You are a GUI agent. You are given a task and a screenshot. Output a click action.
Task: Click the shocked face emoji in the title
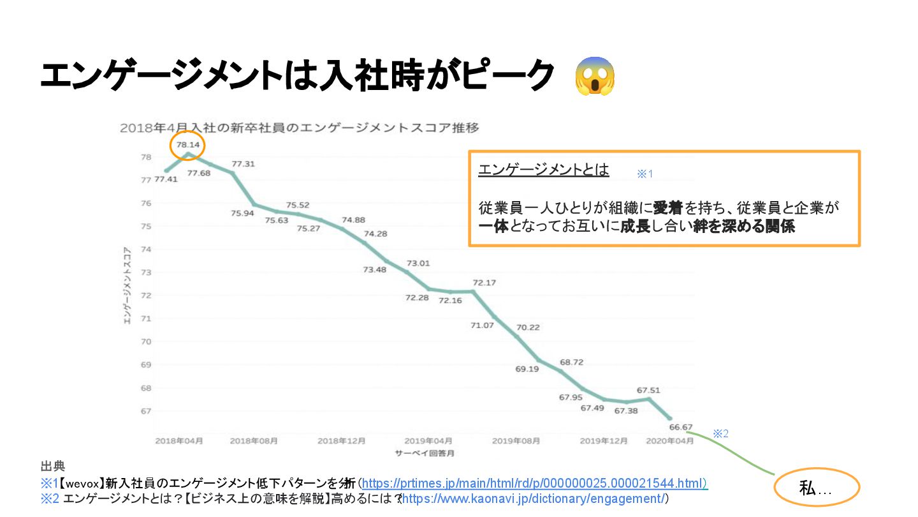coord(594,77)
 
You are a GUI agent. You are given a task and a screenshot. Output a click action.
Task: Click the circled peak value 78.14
coord(188,146)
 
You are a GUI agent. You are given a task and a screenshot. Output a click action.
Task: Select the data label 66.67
coord(680,427)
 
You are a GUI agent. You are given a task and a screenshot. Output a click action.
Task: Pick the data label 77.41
coord(166,179)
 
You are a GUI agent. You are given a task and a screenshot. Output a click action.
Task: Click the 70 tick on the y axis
coord(146,342)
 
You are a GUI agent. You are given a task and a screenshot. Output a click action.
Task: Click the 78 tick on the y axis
coord(146,157)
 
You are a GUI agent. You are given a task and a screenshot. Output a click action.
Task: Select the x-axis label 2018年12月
coord(342,441)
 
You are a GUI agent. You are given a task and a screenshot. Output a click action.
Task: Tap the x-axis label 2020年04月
coord(670,441)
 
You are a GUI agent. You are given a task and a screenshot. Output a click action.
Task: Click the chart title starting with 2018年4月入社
coord(299,128)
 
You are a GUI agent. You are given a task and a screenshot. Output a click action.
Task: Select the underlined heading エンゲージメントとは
coord(544,170)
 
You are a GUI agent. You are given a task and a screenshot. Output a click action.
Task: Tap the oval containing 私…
coord(817,489)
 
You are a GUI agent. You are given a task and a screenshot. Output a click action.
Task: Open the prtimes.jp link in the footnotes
coord(534,484)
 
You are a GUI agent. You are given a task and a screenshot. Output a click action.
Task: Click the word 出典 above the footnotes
coord(52,467)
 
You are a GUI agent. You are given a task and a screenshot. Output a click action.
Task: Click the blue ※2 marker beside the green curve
coord(720,433)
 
